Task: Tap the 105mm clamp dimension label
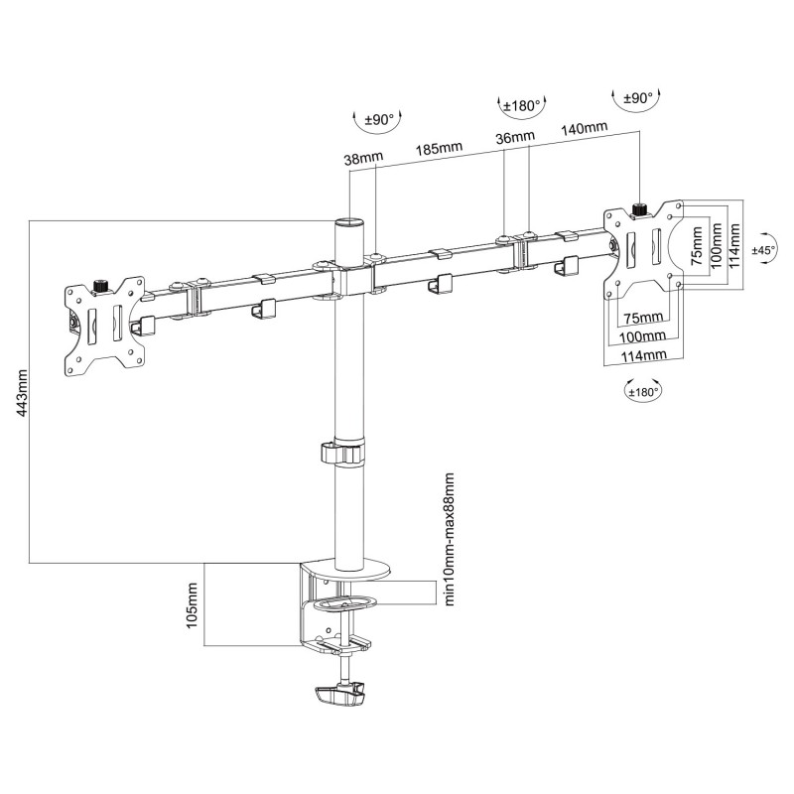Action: [x=194, y=604]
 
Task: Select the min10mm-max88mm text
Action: [x=450, y=539]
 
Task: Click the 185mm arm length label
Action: [x=438, y=149]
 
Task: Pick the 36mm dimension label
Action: [x=515, y=137]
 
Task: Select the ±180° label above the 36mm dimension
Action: [x=521, y=106]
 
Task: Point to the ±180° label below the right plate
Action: [x=643, y=391]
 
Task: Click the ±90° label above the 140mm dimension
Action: [x=637, y=98]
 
